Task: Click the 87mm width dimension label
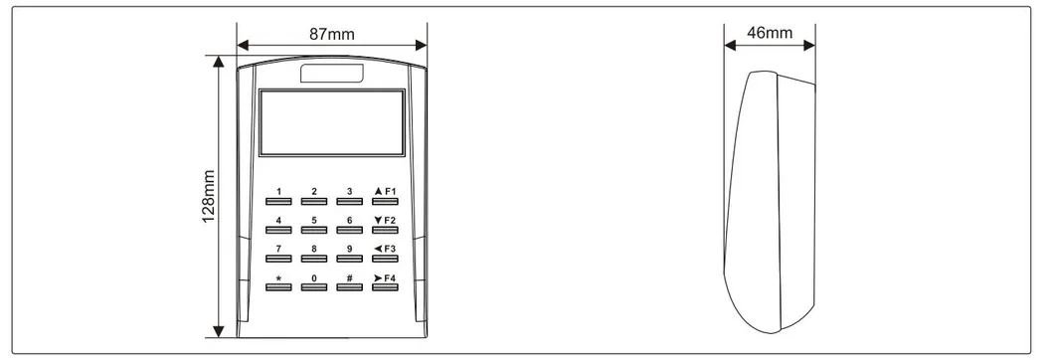332,33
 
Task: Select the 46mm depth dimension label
769,33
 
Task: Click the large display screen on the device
332,122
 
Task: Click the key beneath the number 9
349,259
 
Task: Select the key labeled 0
314,287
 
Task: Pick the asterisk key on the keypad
279,287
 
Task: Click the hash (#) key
349,287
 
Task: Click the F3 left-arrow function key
385,259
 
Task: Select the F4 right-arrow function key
385,287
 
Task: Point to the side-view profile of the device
771,199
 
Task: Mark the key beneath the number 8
314,259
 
